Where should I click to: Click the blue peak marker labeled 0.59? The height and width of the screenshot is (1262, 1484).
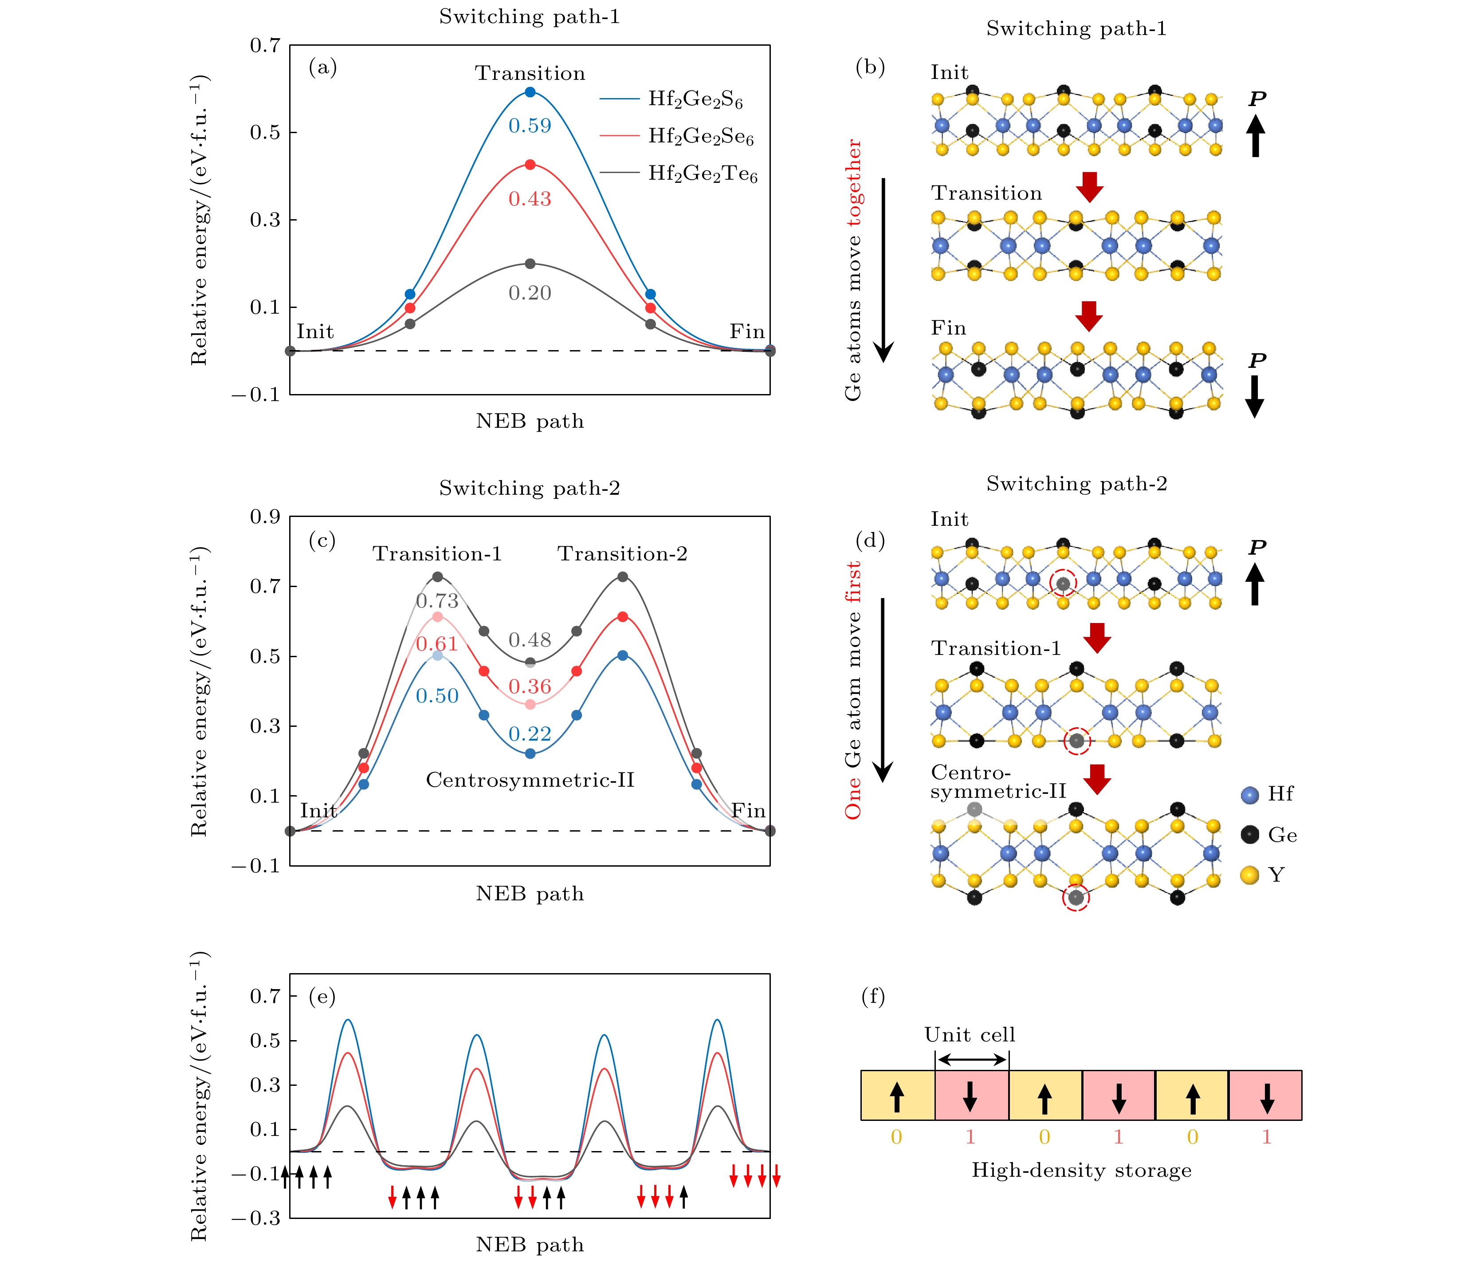(530, 92)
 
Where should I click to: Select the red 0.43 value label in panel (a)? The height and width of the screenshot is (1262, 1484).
(530, 199)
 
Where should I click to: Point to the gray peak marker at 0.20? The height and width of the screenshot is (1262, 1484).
(530, 264)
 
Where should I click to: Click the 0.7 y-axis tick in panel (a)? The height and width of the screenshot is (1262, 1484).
(265, 46)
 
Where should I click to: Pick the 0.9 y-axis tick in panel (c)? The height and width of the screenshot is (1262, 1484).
(265, 517)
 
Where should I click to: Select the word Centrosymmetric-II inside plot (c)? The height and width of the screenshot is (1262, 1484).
(530, 780)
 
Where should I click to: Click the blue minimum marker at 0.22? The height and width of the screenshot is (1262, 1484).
(530, 753)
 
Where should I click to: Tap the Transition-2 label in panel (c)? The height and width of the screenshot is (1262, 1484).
(622, 554)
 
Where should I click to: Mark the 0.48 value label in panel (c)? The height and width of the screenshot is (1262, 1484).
(530, 640)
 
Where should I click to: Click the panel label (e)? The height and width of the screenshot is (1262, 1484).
(322, 997)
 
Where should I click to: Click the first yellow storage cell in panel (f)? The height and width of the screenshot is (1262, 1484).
(898, 1095)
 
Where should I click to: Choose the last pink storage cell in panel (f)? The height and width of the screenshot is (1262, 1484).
(1265, 1095)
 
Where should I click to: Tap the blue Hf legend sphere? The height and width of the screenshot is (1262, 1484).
(1249, 795)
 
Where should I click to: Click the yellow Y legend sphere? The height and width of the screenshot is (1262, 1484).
(1249, 875)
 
